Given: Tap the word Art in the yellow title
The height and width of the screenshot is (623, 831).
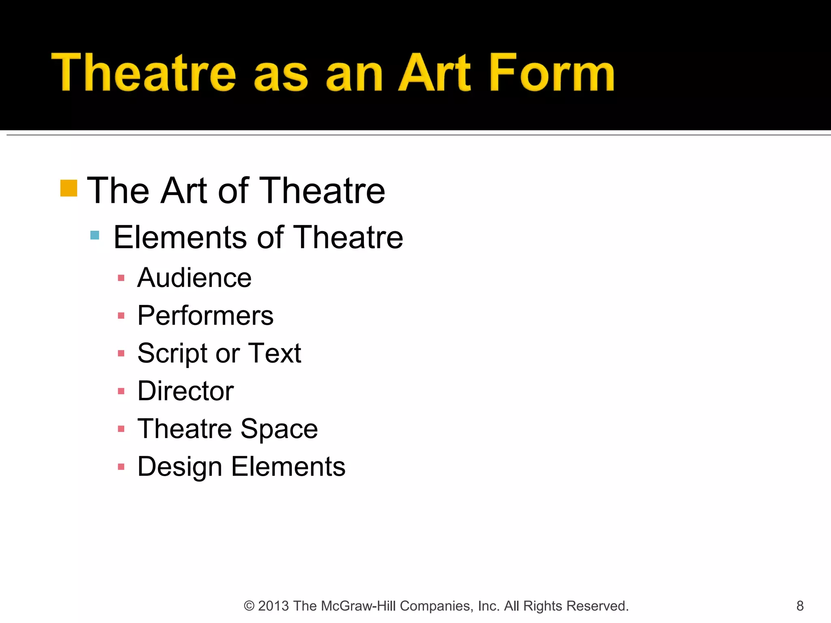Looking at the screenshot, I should pos(435,73).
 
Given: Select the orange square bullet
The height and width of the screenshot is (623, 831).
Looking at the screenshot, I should pos(69,188).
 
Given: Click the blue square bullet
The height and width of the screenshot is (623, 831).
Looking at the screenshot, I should pos(95,235).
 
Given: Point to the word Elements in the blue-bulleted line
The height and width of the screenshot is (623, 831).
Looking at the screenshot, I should pos(180,237).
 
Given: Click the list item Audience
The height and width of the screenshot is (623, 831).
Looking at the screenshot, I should pos(194,278).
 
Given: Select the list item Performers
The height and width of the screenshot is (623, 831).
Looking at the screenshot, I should pos(205,316).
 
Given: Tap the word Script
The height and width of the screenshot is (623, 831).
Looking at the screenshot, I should pos(173,353).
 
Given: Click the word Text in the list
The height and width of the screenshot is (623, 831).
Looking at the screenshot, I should pos(274,353).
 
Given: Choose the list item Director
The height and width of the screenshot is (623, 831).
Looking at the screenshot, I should pos(185,391).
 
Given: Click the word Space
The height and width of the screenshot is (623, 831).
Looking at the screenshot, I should pos(279,429).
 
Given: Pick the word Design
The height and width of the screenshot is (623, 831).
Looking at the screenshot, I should pos(179,467).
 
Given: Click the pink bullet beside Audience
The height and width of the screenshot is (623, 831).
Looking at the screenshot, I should pos(121,278).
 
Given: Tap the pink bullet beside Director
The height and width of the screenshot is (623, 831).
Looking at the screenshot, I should pos(121,391).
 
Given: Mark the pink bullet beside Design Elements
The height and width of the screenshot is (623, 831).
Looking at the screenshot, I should pos(121,467).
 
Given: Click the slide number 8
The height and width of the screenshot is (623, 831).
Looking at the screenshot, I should pos(800,606).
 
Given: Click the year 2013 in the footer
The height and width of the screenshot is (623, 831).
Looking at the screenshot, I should pos(273,606).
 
